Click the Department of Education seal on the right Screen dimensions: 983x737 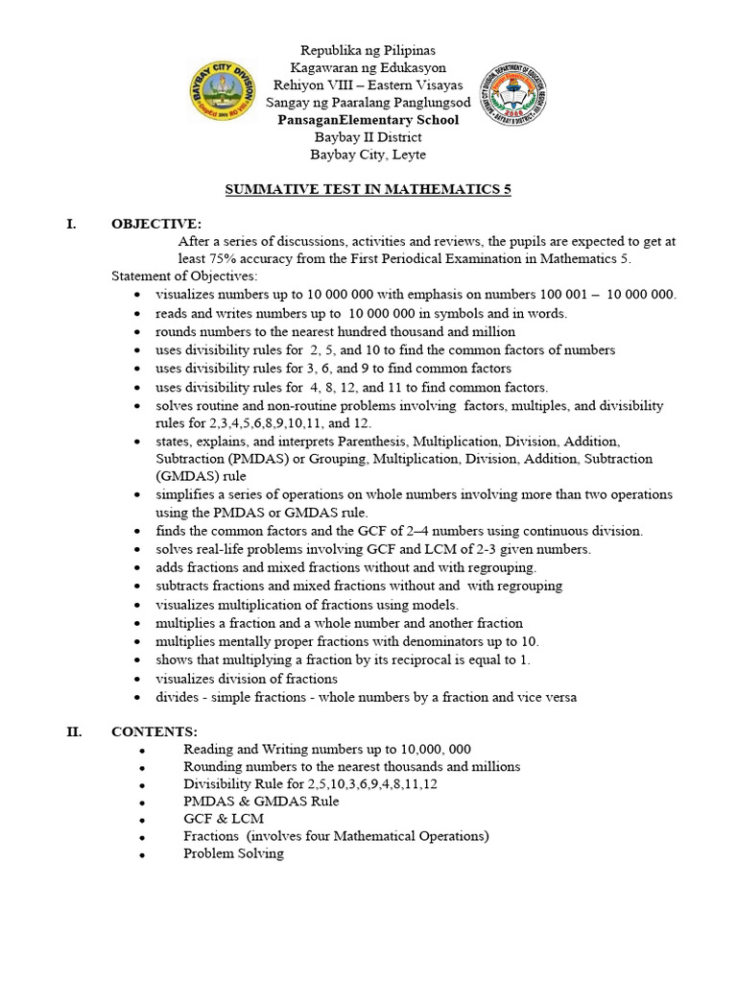click(512, 101)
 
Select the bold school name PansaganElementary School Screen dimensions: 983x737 click(368, 120)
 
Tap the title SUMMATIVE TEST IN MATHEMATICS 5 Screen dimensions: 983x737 click(368, 190)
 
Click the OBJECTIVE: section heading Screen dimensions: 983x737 click(156, 224)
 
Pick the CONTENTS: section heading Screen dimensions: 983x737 click(155, 731)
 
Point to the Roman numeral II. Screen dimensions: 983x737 click(74, 731)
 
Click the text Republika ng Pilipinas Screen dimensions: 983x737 click(368, 50)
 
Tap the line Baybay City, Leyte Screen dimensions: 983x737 click(368, 155)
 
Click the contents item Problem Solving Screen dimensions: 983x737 click(233, 853)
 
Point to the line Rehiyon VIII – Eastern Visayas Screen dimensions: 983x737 click(368, 84)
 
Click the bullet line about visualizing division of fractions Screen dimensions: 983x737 click(233, 679)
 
